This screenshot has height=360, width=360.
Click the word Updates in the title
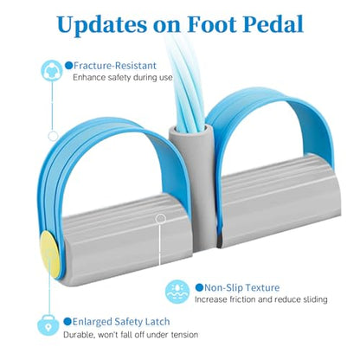point(102,24)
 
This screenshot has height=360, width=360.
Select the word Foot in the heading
point(212,24)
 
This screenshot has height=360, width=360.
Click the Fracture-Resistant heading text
point(115,66)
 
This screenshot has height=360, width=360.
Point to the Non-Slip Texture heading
point(241,287)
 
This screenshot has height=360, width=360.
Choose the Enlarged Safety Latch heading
point(121,322)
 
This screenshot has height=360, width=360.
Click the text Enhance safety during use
point(123,78)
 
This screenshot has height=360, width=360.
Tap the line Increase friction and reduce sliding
point(261,299)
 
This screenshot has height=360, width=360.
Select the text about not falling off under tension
point(131,335)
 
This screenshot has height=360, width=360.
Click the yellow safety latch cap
point(49,254)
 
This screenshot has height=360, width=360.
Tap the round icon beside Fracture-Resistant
point(52,70)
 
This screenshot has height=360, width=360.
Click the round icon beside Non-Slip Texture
point(177,292)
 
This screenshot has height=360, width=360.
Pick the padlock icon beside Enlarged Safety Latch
point(48,325)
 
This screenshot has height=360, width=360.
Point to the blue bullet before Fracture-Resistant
point(68,66)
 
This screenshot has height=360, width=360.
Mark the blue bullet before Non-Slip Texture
point(199,287)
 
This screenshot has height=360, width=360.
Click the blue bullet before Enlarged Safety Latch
point(67,321)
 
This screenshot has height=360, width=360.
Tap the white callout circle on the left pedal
point(160,219)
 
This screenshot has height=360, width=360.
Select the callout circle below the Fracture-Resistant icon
point(53,136)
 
